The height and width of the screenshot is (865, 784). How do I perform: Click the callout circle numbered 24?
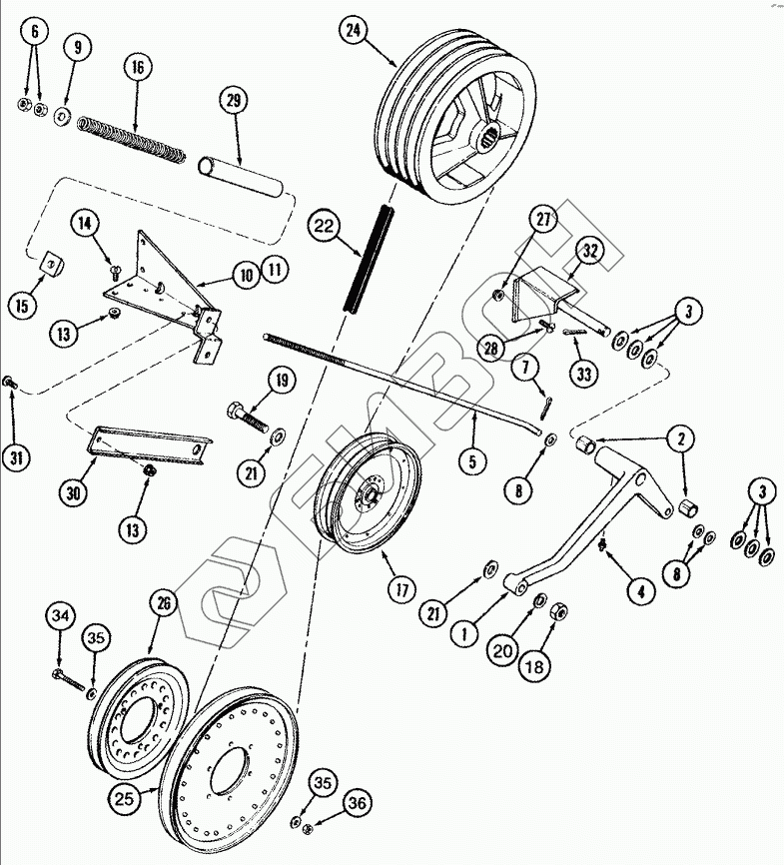coord(351,30)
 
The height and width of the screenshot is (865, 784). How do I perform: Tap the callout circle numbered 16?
coord(137,68)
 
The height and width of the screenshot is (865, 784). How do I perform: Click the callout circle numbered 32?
coord(589,251)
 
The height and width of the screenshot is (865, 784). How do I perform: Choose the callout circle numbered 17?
coord(402,589)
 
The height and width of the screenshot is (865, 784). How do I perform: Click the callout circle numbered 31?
coord(15,458)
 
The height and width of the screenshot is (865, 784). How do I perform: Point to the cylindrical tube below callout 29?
coord(240,174)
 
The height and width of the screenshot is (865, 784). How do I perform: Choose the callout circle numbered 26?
coord(165,601)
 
